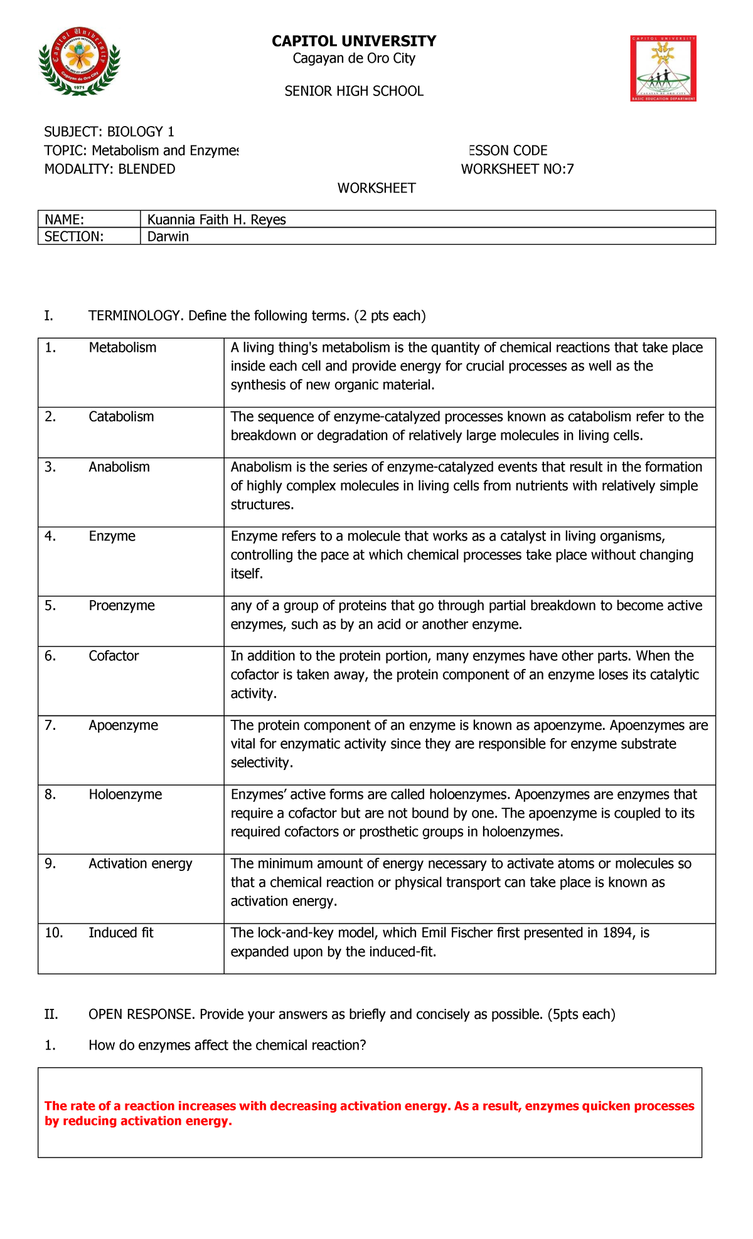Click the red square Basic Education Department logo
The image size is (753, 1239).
663,68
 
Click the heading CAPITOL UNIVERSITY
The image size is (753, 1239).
353,41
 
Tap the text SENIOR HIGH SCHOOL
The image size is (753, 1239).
353,92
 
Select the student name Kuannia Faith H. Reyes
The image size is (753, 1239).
216,219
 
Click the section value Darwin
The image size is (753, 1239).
168,236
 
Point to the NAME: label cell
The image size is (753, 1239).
64,219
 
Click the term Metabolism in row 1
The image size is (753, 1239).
122,348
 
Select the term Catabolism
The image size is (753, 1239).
121,417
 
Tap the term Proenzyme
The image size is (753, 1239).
122,606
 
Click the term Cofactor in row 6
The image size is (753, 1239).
114,656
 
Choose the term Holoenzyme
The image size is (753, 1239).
125,794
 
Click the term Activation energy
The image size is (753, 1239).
141,863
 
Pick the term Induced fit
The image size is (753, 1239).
120,933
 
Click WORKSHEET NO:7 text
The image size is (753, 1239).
517,169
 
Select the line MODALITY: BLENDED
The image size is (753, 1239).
110,169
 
